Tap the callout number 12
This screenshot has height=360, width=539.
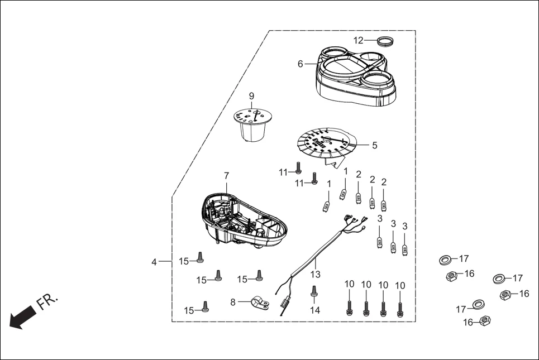pos(358,40)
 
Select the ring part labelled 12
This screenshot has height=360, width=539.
pos(384,40)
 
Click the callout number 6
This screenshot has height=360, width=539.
pos(300,64)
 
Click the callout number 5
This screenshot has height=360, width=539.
pos(374,145)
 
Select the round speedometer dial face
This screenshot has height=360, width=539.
pos(326,143)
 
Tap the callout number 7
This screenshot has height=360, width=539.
pos(226,175)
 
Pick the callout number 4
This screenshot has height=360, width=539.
pos(154,261)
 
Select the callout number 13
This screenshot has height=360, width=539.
pos(316,274)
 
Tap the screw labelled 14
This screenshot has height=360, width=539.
pos(313,291)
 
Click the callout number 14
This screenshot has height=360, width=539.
pos(316,310)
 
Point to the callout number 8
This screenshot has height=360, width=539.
pos(233,302)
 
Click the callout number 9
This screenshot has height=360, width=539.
pos(251,95)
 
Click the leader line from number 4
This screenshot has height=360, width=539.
pos(165,261)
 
